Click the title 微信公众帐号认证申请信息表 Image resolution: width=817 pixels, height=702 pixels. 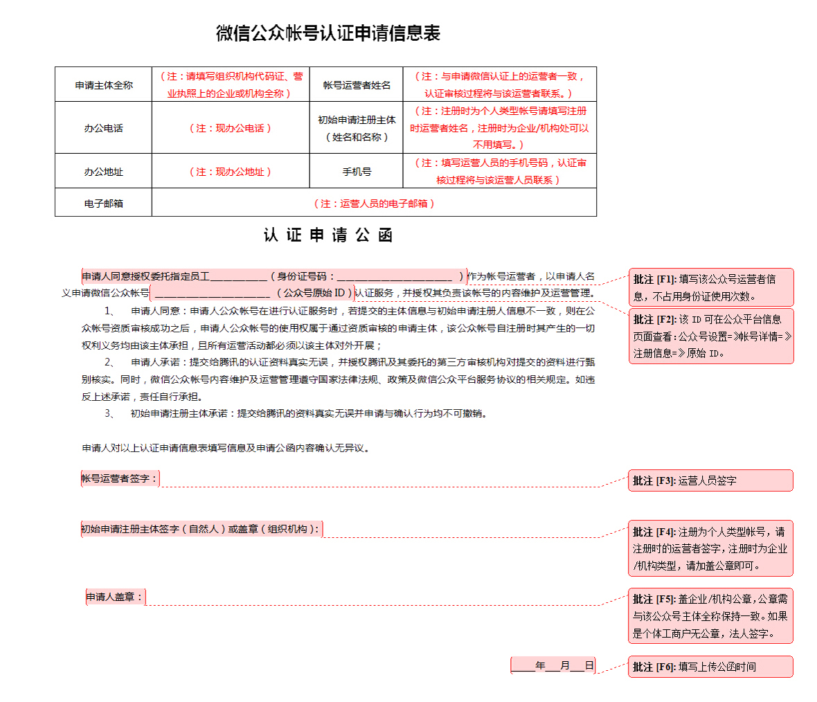pos(327,33)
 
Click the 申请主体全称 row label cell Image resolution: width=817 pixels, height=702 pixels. pos(104,85)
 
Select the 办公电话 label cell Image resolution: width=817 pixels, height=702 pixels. pos(104,128)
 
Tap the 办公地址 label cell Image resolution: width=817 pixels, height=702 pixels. pos(104,172)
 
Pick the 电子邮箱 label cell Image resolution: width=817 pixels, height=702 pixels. pos(104,204)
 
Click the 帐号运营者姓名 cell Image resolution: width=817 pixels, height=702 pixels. pos(357,85)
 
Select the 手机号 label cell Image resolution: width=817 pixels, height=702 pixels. pos(357,172)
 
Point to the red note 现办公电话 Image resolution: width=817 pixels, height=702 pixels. pos(231,128)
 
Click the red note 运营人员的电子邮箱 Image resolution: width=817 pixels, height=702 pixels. pos(374,204)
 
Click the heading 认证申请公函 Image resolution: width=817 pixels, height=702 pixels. pos(327,235)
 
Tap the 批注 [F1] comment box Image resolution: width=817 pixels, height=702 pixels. pos(710,287)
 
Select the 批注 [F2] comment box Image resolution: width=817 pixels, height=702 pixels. pos(710,336)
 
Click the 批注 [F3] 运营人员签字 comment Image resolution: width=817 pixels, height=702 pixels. pos(710,480)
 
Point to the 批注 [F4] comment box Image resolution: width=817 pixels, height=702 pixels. pos(710,548)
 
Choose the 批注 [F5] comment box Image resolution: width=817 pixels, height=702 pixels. pos(710,615)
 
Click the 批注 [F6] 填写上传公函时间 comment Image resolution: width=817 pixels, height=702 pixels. pos(710,667)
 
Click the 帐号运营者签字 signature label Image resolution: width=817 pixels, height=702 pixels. pos(120,478)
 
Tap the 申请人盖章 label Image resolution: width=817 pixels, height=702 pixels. pos(116,597)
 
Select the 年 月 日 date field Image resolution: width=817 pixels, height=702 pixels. pos(553,666)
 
